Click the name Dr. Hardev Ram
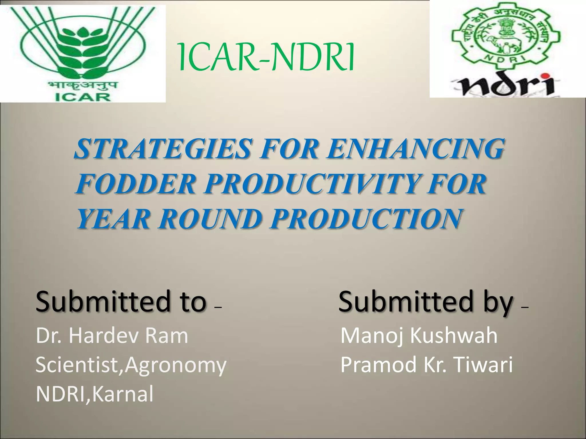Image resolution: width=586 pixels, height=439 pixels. [x=112, y=336]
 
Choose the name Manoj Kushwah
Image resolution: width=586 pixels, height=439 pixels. [x=419, y=336]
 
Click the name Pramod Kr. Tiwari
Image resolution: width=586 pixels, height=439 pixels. [x=426, y=365]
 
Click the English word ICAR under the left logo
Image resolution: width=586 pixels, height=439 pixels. [x=82, y=97]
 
